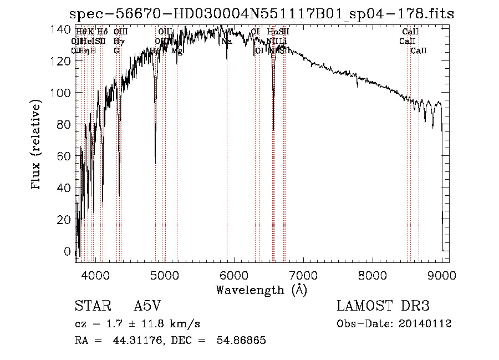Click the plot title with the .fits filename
[261, 14]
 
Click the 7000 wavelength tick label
[303, 274]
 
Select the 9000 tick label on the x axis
[442, 274]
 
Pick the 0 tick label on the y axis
[68, 251]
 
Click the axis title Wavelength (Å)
[261, 290]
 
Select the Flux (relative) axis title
[37, 145]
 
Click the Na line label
[226, 41]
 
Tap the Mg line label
[177, 50]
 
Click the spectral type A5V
[147, 306]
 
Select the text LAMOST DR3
[383, 306]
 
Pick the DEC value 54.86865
[242, 341]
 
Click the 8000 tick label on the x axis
[373, 274]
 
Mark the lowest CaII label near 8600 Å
[419, 50]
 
